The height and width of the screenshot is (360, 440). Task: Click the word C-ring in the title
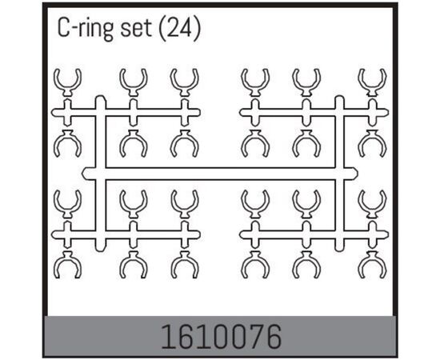[x=85, y=30]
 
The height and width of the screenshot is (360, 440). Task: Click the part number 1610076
[x=221, y=337]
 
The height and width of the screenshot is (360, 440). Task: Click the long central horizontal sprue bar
[x=220, y=174]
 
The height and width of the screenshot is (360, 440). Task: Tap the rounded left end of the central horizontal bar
[x=83, y=174]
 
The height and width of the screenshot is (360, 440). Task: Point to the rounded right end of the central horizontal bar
[x=357, y=174]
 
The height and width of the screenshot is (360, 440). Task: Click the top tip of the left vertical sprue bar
[x=101, y=96]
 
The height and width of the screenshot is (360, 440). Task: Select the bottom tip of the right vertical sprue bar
[x=339, y=250]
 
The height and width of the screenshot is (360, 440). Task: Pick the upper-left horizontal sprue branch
[x=126, y=113]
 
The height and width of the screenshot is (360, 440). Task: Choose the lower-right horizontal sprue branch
[x=314, y=234]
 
